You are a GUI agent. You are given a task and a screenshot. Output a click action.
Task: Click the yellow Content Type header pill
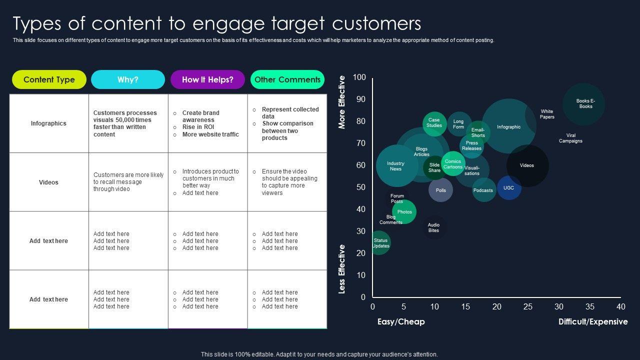(x=49, y=79)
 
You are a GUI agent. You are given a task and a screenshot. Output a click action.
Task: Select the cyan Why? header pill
(x=128, y=79)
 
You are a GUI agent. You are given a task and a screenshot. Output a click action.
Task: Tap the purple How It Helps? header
(x=207, y=79)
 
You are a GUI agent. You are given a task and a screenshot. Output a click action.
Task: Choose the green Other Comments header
(x=287, y=79)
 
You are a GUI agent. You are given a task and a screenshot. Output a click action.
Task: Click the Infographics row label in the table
(x=48, y=123)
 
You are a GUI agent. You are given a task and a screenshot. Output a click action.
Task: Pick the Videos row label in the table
(x=48, y=182)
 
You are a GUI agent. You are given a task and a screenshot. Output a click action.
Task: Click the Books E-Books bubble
(x=583, y=104)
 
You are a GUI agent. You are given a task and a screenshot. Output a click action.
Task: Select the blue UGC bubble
(x=509, y=188)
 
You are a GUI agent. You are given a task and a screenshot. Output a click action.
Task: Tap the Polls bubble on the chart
(x=440, y=190)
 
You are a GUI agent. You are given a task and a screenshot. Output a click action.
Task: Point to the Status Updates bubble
(x=380, y=243)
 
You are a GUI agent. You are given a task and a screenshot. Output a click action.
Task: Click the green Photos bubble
(x=404, y=212)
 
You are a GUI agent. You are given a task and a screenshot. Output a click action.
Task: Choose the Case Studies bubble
(x=434, y=123)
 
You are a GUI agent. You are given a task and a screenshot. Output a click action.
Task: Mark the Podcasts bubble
(x=483, y=190)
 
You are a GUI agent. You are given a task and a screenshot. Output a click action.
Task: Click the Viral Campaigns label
(x=570, y=138)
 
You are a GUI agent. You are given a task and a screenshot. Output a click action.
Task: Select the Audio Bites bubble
(x=433, y=228)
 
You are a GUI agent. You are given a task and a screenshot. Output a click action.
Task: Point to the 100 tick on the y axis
(x=359, y=77)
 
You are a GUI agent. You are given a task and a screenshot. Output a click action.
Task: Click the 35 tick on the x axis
(x=590, y=306)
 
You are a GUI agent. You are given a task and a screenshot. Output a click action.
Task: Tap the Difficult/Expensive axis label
(x=593, y=321)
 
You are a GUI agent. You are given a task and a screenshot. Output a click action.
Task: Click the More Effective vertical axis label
(x=342, y=102)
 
